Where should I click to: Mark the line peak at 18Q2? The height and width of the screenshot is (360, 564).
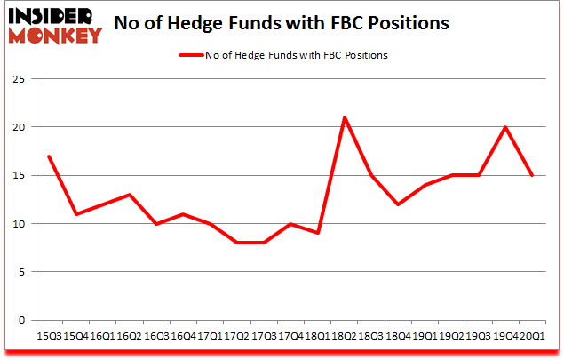[345, 117]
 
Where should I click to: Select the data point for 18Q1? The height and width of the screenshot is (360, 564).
[318, 233]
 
